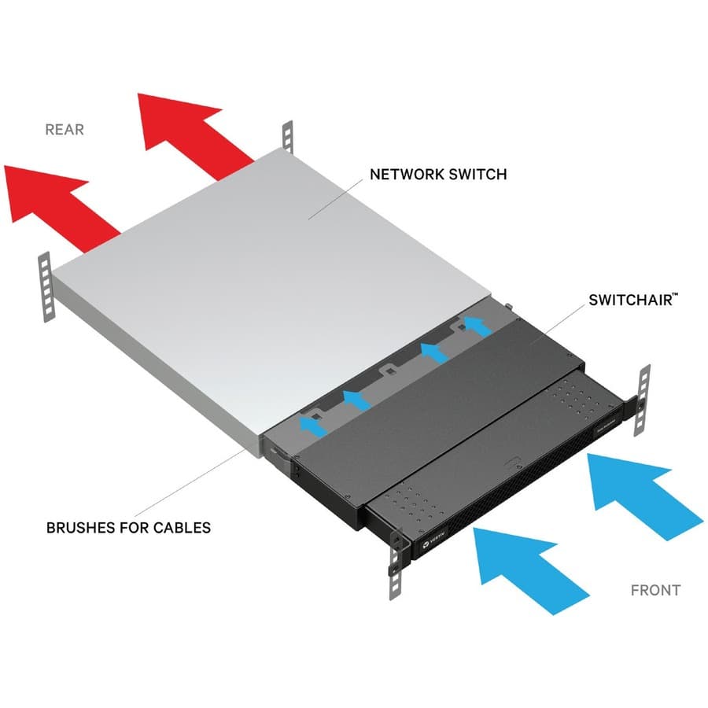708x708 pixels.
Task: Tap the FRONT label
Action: pyautogui.click(x=655, y=589)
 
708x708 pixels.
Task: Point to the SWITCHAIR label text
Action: pyautogui.click(x=626, y=301)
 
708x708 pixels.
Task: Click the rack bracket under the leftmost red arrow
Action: pyautogui.click(x=46, y=287)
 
